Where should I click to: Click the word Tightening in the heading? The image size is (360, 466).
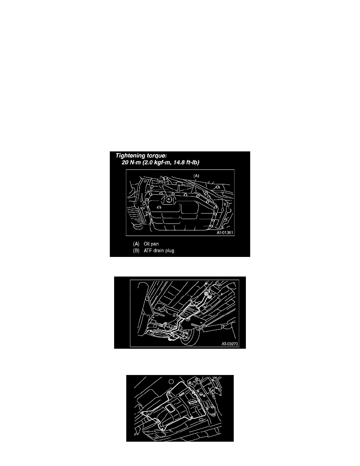tap(131, 156)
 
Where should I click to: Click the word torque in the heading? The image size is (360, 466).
tap(156, 156)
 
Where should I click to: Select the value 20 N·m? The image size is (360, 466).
tap(133, 162)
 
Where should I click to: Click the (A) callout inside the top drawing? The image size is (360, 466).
tap(196, 176)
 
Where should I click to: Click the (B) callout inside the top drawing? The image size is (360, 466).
tap(160, 181)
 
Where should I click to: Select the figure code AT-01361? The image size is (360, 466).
tap(225, 232)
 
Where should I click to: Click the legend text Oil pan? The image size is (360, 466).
tap(151, 244)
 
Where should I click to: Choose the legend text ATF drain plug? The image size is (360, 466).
tap(159, 251)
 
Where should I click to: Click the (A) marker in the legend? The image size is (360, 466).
tap(136, 244)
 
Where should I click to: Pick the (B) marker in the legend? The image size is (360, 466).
tap(136, 251)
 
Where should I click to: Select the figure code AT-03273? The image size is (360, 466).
tap(229, 344)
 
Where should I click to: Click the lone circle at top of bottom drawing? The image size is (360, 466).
tap(171, 382)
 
